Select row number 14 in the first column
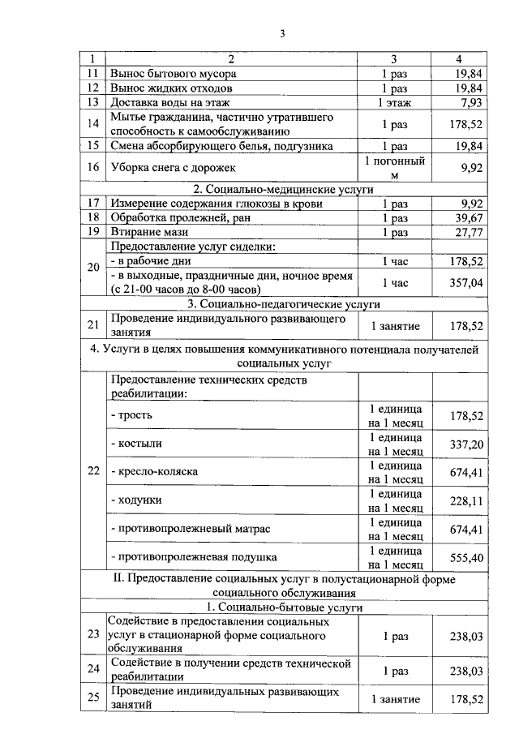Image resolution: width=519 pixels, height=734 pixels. point(93,124)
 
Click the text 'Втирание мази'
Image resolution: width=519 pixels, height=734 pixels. point(146,233)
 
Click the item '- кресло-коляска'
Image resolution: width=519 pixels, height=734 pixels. point(154,471)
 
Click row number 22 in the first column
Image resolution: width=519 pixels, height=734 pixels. point(93,471)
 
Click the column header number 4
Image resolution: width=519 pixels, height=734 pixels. point(459,58)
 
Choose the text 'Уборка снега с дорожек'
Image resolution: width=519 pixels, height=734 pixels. point(172,168)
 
